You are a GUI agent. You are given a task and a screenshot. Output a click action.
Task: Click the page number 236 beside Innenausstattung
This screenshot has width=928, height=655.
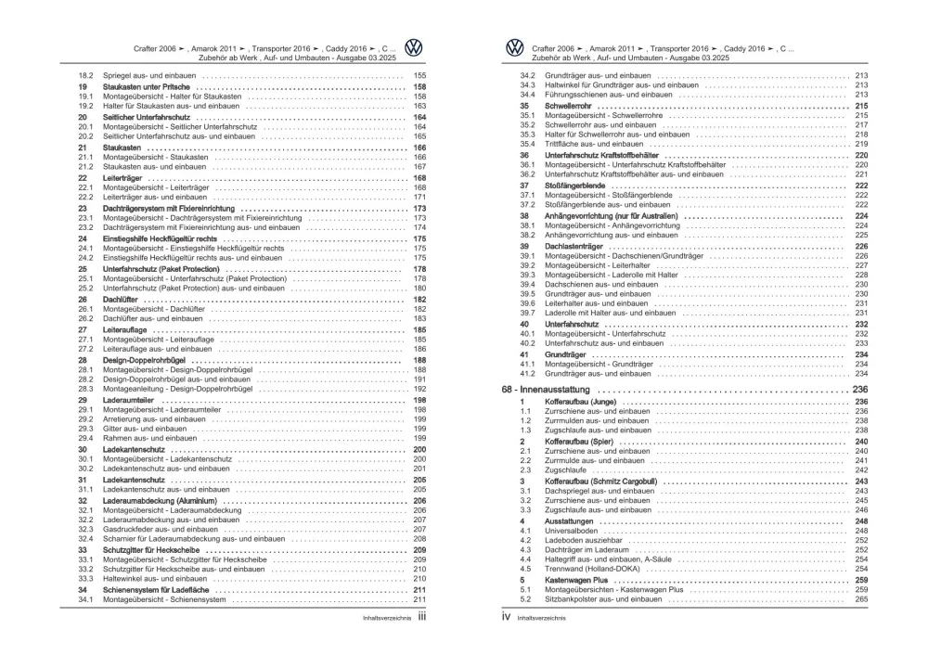click(860, 390)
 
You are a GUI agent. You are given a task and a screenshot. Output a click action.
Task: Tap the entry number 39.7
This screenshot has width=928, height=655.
click(527, 313)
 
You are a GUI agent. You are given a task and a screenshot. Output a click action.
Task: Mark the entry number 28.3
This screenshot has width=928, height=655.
click(85, 389)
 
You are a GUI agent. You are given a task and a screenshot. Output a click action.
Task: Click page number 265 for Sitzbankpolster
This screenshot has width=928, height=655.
click(860, 599)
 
